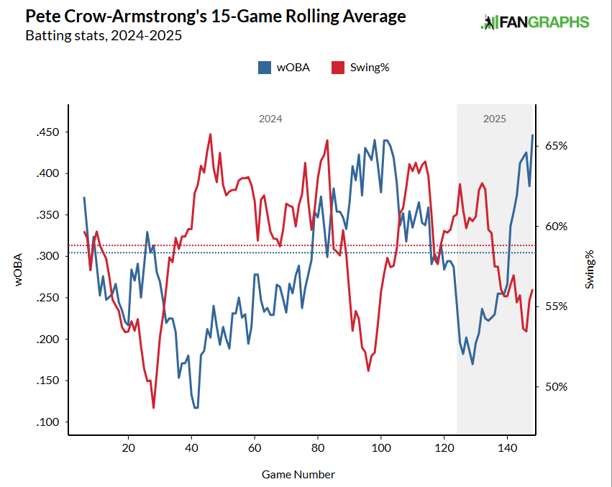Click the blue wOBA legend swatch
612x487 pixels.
(264, 68)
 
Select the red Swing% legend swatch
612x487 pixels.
(337, 68)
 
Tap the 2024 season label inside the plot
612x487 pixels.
(270, 119)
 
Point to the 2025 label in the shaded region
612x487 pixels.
(494, 119)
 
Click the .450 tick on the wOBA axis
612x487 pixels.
(47, 132)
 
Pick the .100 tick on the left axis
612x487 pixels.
(47, 422)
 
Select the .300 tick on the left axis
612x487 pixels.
(47, 257)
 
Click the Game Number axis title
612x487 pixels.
(298, 474)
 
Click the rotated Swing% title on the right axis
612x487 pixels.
(590, 270)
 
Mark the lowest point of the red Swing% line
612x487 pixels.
(154, 408)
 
